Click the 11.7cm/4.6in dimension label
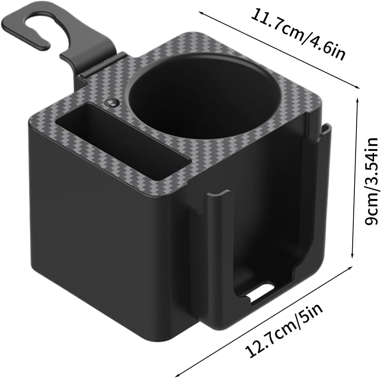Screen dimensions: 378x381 pyautogui.click(x=298, y=35)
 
